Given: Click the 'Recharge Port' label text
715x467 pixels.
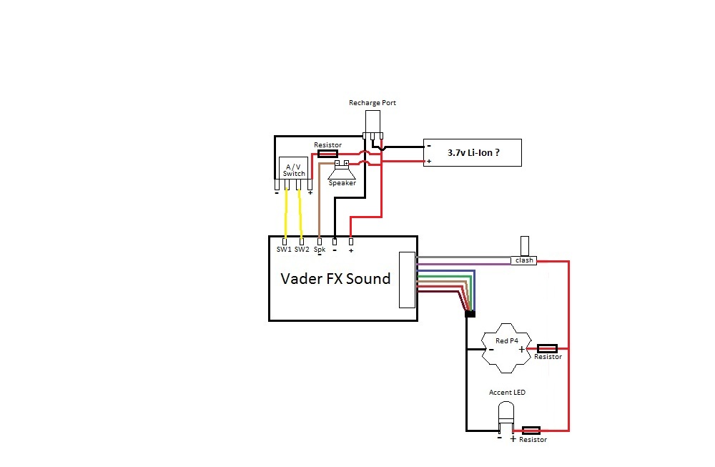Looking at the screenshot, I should [x=372, y=103].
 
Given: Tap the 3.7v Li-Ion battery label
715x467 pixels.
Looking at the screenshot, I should [x=473, y=153].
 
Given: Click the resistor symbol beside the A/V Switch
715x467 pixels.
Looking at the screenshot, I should [x=327, y=153].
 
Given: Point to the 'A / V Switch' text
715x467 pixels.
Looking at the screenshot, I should [x=293, y=169].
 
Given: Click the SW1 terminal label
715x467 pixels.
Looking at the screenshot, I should [x=284, y=250].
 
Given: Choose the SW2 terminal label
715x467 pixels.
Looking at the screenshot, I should [x=302, y=250].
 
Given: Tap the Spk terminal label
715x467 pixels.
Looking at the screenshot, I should [x=320, y=250].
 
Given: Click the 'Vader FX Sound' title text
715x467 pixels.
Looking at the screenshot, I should [x=335, y=278].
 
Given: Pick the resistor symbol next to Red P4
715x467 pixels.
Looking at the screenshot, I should [x=547, y=348].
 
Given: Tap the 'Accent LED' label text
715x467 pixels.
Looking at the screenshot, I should [x=507, y=393].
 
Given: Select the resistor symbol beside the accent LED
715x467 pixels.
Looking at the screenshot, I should [x=531, y=431].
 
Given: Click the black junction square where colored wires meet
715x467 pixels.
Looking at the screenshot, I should [x=470, y=314].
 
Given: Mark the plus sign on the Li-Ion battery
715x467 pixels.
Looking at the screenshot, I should [x=429, y=162].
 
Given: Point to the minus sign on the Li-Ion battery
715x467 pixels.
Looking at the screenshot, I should [x=429, y=145].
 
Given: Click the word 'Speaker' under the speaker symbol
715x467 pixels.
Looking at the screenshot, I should [x=342, y=183].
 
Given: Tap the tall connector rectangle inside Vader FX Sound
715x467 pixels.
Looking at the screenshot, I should [x=406, y=280].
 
